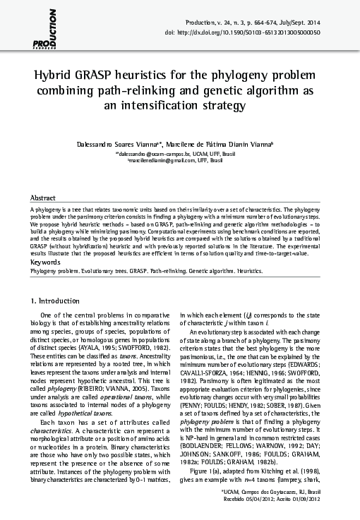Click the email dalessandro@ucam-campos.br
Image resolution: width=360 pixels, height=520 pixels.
tap(152, 152)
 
